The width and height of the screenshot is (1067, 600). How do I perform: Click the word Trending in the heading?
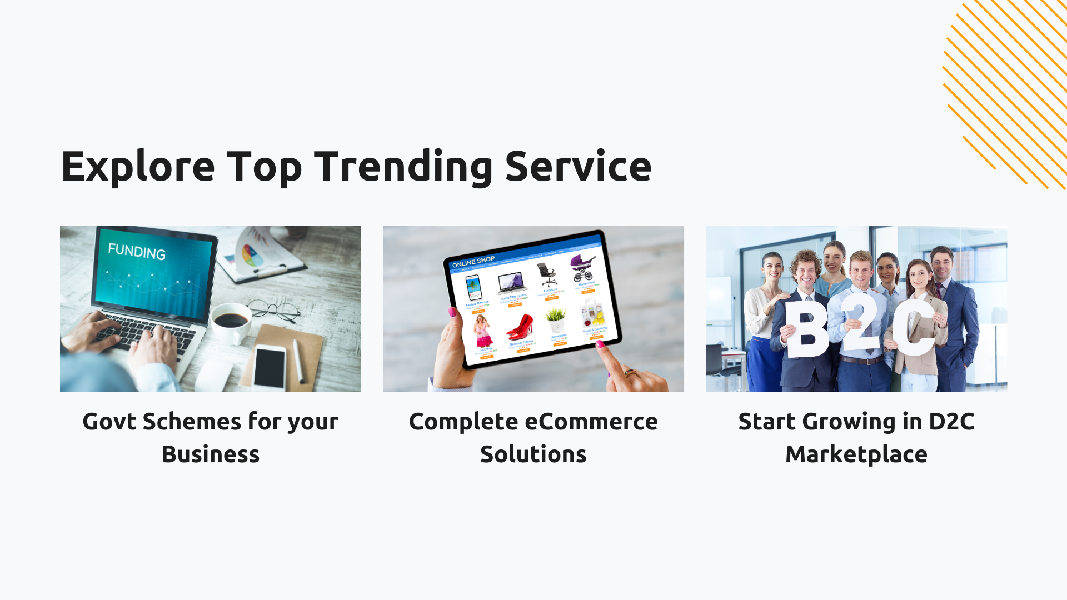pyautogui.click(x=403, y=167)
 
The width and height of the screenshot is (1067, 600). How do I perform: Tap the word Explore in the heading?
pyautogui.click(x=138, y=167)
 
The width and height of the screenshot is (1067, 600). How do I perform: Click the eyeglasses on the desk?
pyautogui.click(x=275, y=310)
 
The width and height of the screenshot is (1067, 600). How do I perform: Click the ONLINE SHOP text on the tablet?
pyautogui.click(x=473, y=262)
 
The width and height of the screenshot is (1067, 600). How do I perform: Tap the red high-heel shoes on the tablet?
pyautogui.click(x=520, y=327)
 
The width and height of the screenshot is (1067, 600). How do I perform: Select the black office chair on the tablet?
pyautogui.click(x=547, y=274)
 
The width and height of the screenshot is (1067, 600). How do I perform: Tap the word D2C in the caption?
pyautogui.click(x=951, y=422)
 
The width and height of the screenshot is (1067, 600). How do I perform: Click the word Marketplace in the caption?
pyautogui.click(x=856, y=454)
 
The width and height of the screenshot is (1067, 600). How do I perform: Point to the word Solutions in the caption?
pyautogui.click(x=533, y=454)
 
